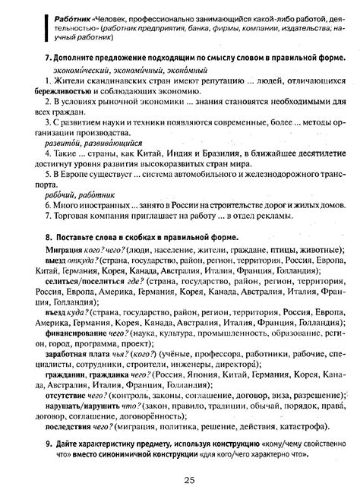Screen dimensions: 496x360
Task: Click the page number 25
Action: click(x=188, y=480)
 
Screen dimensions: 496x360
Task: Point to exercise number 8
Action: click(x=48, y=236)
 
